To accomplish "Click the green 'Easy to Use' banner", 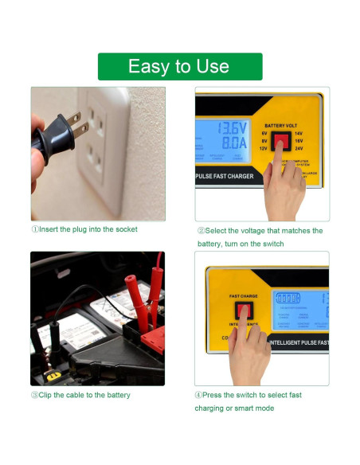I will (x=179, y=67).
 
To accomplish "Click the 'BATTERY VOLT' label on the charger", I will (x=281, y=126).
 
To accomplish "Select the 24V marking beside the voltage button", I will (x=299, y=149).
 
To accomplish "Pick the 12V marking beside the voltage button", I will (x=263, y=149).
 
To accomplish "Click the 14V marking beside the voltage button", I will (x=299, y=134).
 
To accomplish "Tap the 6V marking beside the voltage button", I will (x=264, y=134).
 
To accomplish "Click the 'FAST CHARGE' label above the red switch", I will (x=244, y=296).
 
